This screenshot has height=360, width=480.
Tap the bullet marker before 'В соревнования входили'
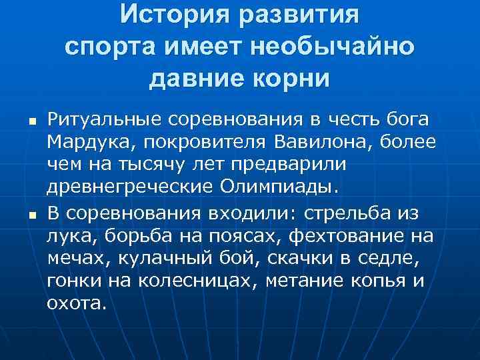tap(31, 215)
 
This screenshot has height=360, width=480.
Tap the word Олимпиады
tap(279, 185)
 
